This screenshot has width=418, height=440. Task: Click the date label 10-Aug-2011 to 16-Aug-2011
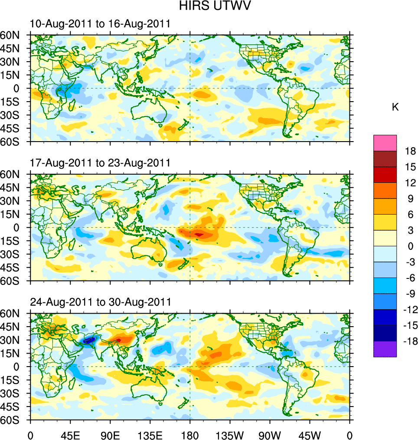click(x=100, y=24)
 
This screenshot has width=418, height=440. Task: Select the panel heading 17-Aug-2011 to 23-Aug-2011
click(x=100, y=163)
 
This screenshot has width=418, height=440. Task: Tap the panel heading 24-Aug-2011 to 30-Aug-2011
click(x=100, y=302)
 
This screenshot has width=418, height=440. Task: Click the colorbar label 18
click(x=410, y=151)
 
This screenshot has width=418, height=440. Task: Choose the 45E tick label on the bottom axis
click(x=70, y=435)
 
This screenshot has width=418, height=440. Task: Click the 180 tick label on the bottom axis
click(x=190, y=435)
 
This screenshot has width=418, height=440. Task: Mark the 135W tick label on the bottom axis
click(x=230, y=435)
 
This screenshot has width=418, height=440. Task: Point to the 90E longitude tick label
click(x=110, y=435)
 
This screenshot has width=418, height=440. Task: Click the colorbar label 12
click(x=410, y=183)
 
